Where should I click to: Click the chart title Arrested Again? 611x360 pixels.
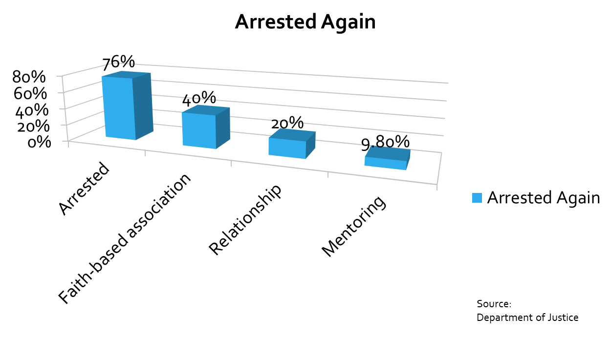pos(305,22)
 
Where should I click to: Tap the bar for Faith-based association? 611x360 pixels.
pos(206,127)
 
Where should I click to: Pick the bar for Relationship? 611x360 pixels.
pos(292,144)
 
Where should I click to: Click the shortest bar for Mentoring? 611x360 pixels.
pos(387,158)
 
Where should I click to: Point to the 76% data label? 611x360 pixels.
pos(119,63)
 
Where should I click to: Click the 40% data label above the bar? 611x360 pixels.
pos(199,99)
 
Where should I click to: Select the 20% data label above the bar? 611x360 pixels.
pos(287,123)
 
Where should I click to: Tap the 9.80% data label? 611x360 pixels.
pos(385,143)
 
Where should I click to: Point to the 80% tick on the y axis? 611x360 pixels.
pos(29,77)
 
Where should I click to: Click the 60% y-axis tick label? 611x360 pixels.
pos(30,93)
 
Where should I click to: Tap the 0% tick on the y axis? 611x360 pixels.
pos(39,142)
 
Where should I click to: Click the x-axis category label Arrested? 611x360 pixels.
pos(84,189)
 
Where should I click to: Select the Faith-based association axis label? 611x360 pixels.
pos(124,238)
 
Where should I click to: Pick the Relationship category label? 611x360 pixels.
pos(245,220)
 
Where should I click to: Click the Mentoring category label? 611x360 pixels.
pos(354,226)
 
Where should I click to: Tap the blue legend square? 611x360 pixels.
pos(477,198)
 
